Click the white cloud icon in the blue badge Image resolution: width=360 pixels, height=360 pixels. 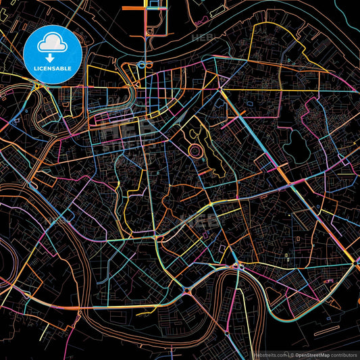click(x=52, y=44)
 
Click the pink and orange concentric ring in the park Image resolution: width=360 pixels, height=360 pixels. click(x=195, y=149)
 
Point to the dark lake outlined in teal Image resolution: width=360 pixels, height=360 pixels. click(x=296, y=142)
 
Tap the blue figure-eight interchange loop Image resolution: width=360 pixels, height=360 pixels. click(x=143, y=65)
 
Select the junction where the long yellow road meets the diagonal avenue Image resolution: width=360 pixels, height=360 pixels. click(x=220, y=88)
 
